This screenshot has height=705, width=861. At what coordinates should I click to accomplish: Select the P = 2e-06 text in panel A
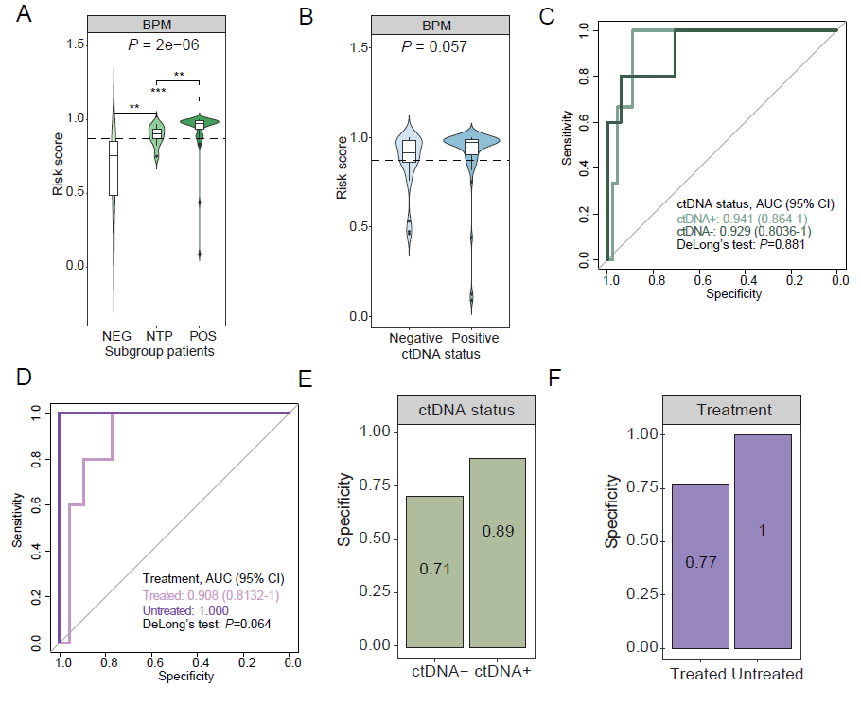164,44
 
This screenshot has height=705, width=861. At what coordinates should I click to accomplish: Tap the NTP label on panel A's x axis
157,337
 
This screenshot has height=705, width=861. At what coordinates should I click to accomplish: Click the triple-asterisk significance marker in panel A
157,91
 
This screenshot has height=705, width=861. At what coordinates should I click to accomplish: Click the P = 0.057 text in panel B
433,46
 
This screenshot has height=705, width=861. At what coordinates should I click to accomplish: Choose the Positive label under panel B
473,338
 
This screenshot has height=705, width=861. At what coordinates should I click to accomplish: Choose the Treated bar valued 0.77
700,566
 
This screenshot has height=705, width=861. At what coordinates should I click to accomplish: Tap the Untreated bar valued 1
763,541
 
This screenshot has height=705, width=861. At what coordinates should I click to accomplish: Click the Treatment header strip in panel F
731,410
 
